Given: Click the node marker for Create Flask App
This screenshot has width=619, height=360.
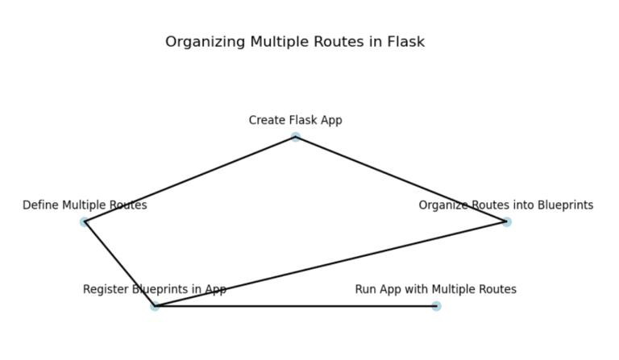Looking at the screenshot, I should coord(296,137).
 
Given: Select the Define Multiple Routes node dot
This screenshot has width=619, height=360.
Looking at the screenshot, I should coord(84,221).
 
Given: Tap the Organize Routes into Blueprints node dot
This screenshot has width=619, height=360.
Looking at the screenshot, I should coord(506,221).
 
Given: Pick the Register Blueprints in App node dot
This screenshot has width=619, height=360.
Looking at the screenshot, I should coord(155,306).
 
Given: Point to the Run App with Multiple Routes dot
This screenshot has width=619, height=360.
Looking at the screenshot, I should coord(436,306).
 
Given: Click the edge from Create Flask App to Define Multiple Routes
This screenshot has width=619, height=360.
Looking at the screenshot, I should coord(189,180).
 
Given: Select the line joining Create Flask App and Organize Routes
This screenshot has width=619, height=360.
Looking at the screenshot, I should coord(401,179).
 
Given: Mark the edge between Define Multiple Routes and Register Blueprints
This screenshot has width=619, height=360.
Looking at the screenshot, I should coord(119,264).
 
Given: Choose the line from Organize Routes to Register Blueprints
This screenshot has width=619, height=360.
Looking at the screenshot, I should coord(330,264).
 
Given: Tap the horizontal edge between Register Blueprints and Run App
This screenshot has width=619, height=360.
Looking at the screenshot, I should coord(295,306).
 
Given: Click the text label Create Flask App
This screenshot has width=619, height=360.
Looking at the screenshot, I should coord(295,120).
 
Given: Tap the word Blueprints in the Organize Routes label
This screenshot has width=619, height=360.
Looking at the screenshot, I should coord(563,205).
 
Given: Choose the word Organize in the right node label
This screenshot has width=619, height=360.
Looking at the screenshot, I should coord(442,205).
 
